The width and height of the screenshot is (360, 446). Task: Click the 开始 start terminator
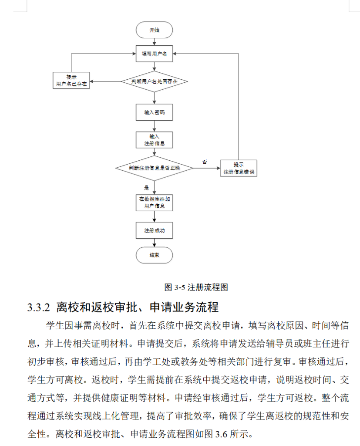point(154,30)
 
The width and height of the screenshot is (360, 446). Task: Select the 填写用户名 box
point(154,54)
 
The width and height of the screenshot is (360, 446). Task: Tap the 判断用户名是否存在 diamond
point(154,81)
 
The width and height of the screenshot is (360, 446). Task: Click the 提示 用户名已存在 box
point(71,81)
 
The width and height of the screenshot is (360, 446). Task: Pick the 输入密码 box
point(154,112)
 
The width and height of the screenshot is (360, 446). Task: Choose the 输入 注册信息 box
point(154,140)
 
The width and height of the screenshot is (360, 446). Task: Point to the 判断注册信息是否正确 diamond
point(154,168)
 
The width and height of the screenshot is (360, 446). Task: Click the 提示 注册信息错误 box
point(239,168)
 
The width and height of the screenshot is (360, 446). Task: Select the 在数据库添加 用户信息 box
point(154,203)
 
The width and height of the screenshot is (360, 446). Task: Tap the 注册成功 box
point(154,230)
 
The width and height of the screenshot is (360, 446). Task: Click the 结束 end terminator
point(154,255)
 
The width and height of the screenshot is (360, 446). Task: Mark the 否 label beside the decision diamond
point(204,162)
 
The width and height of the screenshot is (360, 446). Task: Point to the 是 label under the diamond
point(147,188)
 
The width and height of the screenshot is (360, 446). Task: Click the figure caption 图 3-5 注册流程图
point(196,287)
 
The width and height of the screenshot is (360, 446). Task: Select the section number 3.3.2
point(39,307)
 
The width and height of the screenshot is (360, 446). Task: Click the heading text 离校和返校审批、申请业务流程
point(137,307)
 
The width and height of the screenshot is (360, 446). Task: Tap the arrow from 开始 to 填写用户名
point(154,41)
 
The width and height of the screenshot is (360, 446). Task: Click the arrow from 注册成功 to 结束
point(154,243)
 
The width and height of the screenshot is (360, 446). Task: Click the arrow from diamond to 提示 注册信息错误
point(206,168)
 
